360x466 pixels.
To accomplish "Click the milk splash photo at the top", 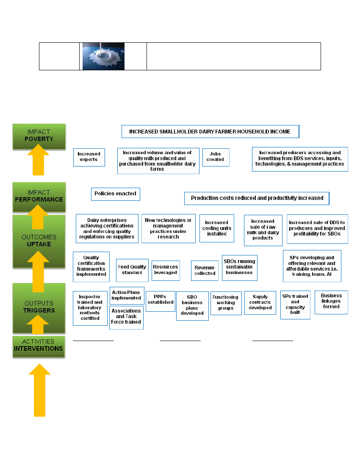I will pyautogui.click(x=103, y=56).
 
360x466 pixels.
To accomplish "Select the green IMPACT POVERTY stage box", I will pyautogui.click(x=39, y=136).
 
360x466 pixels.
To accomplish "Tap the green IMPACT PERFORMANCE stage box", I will pyautogui.click(x=39, y=196).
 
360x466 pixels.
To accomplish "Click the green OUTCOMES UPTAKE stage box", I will pyautogui.click(x=39, y=241).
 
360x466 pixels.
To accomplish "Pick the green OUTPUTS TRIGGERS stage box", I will pyautogui.click(x=39, y=307).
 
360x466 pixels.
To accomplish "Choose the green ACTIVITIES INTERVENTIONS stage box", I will pyautogui.click(x=39, y=346).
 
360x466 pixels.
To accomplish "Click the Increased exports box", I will pyautogui.click(x=89, y=157).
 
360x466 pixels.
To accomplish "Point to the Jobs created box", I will pyautogui.click(x=216, y=157).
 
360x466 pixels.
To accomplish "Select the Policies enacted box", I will pyautogui.click(x=115, y=194).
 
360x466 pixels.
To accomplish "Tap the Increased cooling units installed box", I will pyautogui.click(x=216, y=228).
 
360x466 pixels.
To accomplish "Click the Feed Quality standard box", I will pyautogui.click(x=132, y=270).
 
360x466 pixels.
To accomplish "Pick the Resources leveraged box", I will pyautogui.click(x=166, y=270).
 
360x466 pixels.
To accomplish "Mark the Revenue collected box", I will pyautogui.click(x=205, y=271).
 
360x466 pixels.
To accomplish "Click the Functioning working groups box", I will pyautogui.click(x=226, y=303).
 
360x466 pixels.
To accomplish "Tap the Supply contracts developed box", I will pyautogui.click(x=260, y=302).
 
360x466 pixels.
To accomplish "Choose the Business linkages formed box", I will pyautogui.click(x=331, y=302).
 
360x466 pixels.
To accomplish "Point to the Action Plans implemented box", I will pyautogui.click(x=126, y=295).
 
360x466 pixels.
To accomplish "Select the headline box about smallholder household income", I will pyautogui.click(x=210, y=132).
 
